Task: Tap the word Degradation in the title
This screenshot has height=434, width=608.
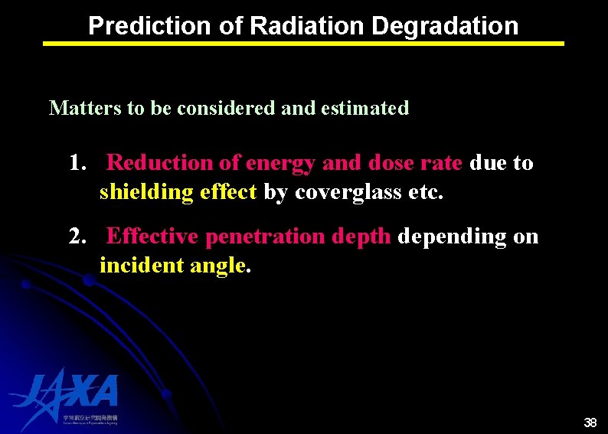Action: (x=445, y=26)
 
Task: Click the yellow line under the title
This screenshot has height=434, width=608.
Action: (x=303, y=44)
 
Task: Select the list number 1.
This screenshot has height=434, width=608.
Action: (x=76, y=163)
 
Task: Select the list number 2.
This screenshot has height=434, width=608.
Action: (x=76, y=237)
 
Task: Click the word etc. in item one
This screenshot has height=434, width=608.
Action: (x=426, y=192)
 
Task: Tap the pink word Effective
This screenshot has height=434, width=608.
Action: (x=153, y=237)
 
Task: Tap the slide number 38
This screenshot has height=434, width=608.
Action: (x=590, y=423)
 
